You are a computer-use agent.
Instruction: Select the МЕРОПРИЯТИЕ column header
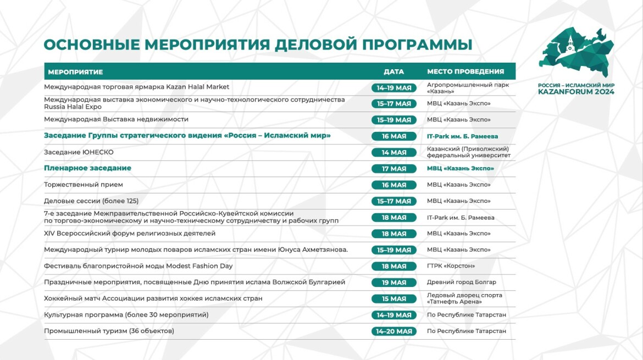(x=75, y=72)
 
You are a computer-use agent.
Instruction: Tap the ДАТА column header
(x=393, y=71)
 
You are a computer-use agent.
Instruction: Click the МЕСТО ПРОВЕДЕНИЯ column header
(x=465, y=71)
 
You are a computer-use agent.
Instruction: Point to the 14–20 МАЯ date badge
(x=393, y=331)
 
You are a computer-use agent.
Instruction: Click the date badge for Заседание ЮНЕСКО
(x=393, y=152)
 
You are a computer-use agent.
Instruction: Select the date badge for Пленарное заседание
(x=393, y=169)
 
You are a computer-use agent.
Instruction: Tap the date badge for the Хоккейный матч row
(x=393, y=299)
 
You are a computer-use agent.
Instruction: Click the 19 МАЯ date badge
(x=393, y=283)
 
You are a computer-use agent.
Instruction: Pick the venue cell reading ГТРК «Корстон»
(x=451, y=266)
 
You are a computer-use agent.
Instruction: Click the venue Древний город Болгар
(x=461, y=283)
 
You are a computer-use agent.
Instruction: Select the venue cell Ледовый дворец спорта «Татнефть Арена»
(x=464, y=298)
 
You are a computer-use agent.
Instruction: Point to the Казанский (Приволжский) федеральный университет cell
(x=468, y=152)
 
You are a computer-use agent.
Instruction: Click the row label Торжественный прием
(x=84, y=185)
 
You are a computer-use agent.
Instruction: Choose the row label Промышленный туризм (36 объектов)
(x=109, y=331)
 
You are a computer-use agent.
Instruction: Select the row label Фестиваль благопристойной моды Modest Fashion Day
(x=138, y=266)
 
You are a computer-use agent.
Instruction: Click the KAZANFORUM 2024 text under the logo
(x=576, y=92)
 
